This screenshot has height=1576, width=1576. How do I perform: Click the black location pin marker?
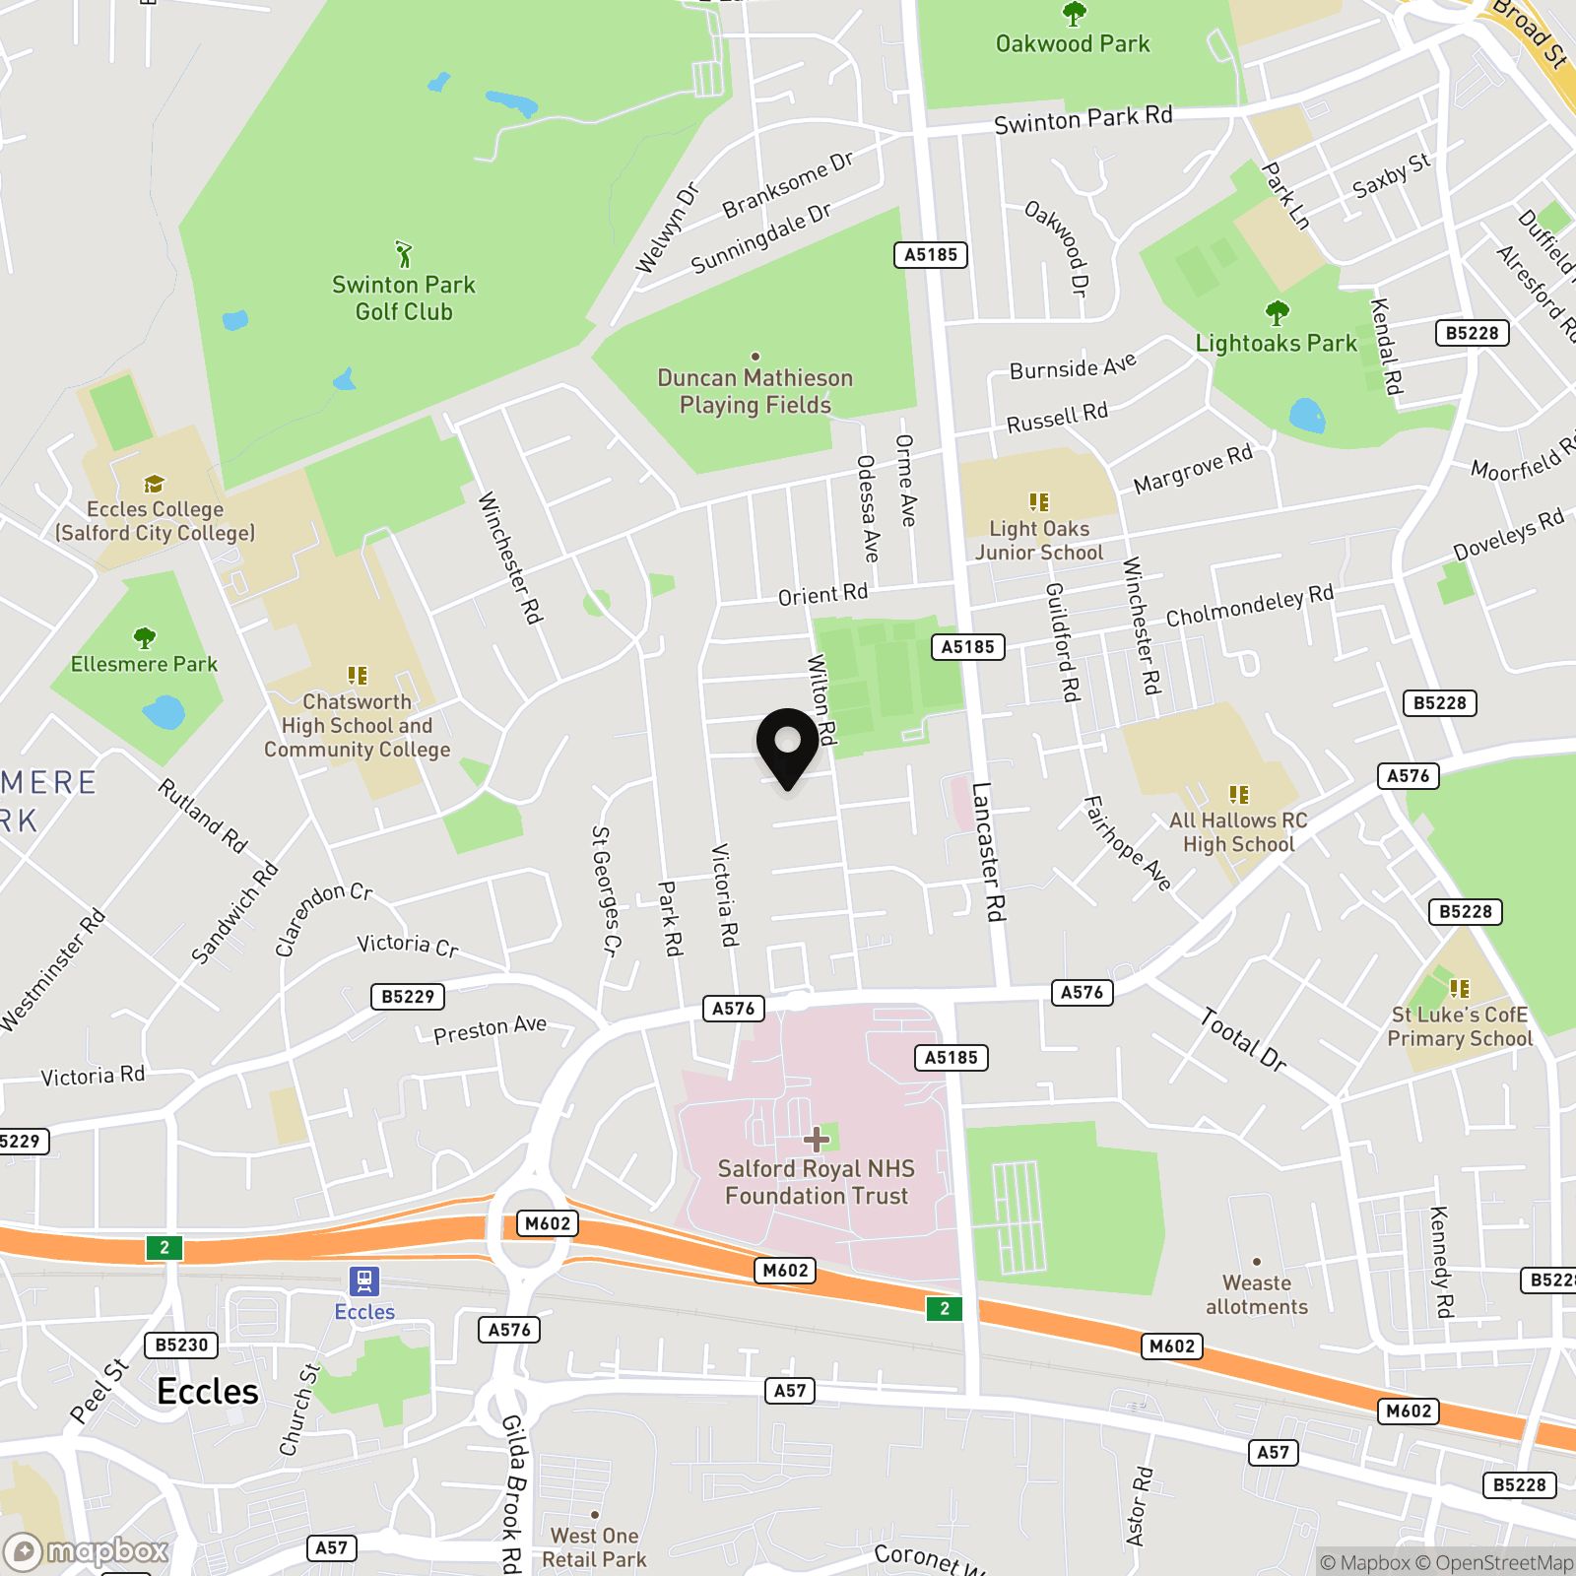click(x=787, y=747)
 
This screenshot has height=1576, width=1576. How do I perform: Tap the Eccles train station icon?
click(x=364, y=1281)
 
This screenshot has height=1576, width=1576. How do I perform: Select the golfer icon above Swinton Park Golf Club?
click(x=403, y=254)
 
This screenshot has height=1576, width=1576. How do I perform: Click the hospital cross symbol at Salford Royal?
click(x=816, y=1140)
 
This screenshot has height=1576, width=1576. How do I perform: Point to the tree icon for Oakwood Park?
click(x=1074, y=14)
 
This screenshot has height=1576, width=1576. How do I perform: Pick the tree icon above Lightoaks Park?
click(x=1277, y=314)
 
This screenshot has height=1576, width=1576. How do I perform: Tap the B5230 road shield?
click(x=181, y=1345)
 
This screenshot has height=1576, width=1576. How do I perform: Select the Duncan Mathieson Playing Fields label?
click(x=755, y=391)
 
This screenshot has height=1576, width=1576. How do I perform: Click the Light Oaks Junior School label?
click(x=1038, y=541)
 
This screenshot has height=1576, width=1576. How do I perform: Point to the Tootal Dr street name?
click(x=1243, y=1040)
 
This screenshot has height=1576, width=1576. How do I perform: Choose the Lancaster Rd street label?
click(x=989, y=852)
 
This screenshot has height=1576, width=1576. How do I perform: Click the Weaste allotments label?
click(x=1257, y=1294)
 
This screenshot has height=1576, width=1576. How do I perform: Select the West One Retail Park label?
click(x=594, y=1547)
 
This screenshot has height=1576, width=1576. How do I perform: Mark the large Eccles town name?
click(x=208, y=1391)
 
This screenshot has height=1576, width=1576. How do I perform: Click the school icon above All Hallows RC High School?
click(x=1239, y=794)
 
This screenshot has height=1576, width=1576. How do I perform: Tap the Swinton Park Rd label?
click(x=1083, y=120)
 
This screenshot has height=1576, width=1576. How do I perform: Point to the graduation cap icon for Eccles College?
click(x=154, y=484)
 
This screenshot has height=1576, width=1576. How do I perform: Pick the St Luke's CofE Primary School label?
click(x=1460, y=1026)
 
